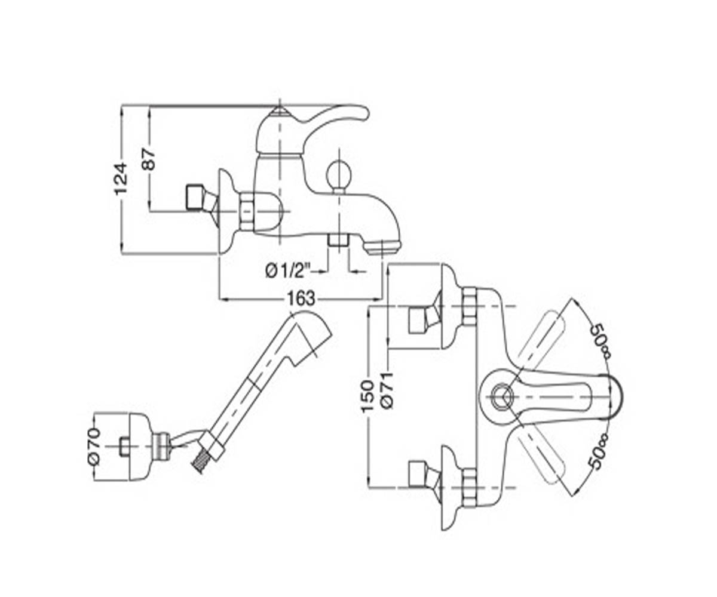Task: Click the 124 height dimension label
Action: (121, 179)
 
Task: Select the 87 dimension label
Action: (149, 159)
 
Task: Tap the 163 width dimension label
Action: (301, 298)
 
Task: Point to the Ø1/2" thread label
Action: (288, 272)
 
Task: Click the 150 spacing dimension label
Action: (367, 396)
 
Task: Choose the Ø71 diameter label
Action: (387, 390)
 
